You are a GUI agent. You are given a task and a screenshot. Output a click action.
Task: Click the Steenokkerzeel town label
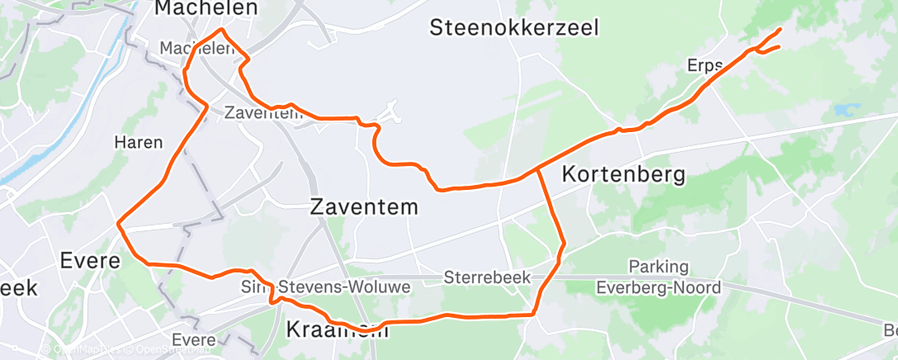[513, 27]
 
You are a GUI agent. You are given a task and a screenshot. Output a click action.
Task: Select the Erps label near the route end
[704, 65]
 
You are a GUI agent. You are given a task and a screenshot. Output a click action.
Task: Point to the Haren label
[138, 142]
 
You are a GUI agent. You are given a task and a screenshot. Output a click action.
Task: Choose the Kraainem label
[336, 330]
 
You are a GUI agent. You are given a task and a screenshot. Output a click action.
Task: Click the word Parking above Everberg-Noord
[658, 267]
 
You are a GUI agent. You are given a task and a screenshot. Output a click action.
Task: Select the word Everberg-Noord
[658, 287]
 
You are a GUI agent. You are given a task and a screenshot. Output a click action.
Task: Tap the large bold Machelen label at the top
[206, 8]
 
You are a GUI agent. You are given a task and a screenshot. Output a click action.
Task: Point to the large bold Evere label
[92, 261]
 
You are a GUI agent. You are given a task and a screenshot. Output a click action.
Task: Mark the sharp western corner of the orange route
[119, 223]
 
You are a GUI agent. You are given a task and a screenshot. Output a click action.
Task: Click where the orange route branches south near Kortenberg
[537, 169]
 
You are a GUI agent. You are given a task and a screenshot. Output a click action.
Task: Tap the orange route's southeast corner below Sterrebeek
[535, 314]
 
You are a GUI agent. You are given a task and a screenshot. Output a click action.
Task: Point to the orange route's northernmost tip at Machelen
[220, 30]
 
